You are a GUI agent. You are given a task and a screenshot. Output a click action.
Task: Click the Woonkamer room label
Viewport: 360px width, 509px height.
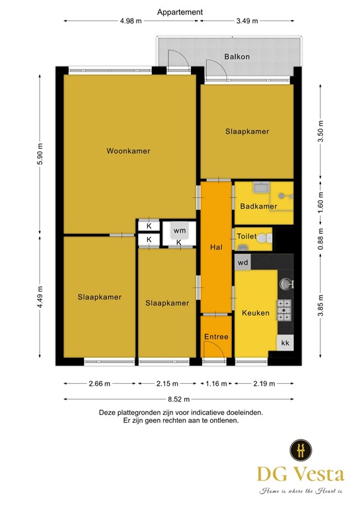[128, 151]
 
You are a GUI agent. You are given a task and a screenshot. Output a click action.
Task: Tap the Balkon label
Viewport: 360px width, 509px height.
[237, 57]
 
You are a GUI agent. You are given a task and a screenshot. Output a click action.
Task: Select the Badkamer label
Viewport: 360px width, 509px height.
[258, 206]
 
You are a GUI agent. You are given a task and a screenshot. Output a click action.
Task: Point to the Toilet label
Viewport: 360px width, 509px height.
[246, 236]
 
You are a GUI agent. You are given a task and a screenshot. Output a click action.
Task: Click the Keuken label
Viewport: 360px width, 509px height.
[255, 313]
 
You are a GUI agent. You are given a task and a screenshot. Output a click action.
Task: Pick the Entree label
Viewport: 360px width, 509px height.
[216, 337]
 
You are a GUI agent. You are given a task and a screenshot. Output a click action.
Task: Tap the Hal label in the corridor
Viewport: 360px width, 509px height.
[215, 247]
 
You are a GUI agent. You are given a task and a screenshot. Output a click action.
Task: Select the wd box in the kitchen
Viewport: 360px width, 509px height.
[243, 262]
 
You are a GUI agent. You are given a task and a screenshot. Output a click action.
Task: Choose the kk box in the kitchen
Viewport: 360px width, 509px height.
[286, 343]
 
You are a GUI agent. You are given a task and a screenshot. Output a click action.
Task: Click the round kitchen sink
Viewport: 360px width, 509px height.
[286, 284]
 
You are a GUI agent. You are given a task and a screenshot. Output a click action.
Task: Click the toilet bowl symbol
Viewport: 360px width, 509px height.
[264, 237]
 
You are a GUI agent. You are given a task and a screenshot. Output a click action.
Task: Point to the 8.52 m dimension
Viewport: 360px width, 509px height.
[179, 399]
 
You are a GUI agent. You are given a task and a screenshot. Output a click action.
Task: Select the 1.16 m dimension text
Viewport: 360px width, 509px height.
[215, 383]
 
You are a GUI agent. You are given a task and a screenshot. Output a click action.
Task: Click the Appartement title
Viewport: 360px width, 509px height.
[180, 12]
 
